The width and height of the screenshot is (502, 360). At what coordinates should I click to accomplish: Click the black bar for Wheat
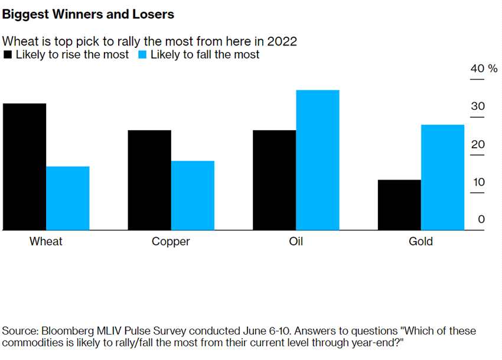[x=24, y=167]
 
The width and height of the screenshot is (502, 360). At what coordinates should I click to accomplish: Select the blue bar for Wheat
[x=68, y=198]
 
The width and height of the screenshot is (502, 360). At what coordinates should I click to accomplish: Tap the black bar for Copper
[x=149, y=180]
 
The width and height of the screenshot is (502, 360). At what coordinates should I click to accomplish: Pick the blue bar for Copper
[x=193, y=195]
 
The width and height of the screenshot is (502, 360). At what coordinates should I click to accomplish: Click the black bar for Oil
[x=274, y=180]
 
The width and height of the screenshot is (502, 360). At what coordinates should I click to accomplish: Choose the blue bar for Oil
[x=318, y=160]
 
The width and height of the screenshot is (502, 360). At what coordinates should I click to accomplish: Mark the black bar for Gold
[x=399, y=205]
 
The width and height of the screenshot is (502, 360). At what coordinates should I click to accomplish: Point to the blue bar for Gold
[x=442, y=177]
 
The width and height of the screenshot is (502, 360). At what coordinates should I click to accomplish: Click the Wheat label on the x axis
[x=46, y=241]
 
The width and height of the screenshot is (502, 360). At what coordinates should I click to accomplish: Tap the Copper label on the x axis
[x=171, y=241]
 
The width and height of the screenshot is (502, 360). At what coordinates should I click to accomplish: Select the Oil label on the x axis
[x=296, y=241]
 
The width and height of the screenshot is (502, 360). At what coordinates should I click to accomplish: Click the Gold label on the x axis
[x=420, y=241]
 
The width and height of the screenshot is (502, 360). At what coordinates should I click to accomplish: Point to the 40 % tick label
[x=484, y=69]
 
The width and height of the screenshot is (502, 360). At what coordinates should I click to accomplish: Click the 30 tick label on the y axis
[x=477, y=107]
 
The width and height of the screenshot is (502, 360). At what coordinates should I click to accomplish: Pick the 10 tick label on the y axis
[x=477, y=182]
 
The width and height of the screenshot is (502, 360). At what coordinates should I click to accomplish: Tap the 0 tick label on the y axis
[x=481, y=219]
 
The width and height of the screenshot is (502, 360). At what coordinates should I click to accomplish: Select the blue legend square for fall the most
[x=142, y=55]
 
